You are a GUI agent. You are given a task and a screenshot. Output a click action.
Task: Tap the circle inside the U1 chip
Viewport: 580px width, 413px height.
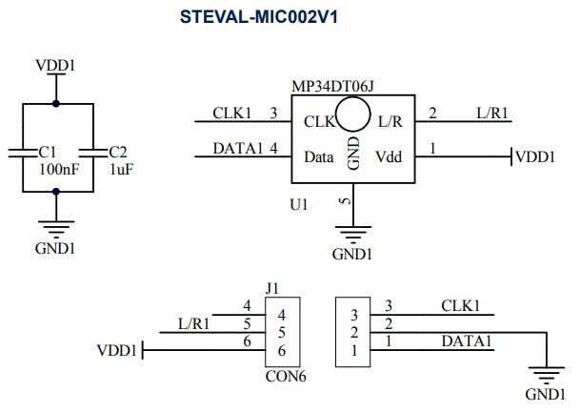(x=352, y=116)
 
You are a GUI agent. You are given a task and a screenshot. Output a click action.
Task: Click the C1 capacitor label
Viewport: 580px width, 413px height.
(x=48, y=152)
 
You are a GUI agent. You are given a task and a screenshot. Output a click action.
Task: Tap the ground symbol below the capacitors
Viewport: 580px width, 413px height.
(x=56, y=227)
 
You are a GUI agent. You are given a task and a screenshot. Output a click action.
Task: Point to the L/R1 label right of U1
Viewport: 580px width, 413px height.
(x=492, y=114)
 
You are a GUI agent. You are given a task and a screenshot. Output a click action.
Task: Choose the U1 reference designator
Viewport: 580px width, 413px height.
(x=298, y=204)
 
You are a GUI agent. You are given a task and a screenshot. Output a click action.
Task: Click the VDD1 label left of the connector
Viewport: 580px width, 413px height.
(x=117, y=351)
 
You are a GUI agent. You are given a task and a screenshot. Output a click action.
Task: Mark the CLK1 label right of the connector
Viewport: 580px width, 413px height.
(x=461, y=306)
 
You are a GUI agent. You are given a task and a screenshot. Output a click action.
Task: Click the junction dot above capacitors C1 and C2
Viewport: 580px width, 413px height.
(x=56, y=103)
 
